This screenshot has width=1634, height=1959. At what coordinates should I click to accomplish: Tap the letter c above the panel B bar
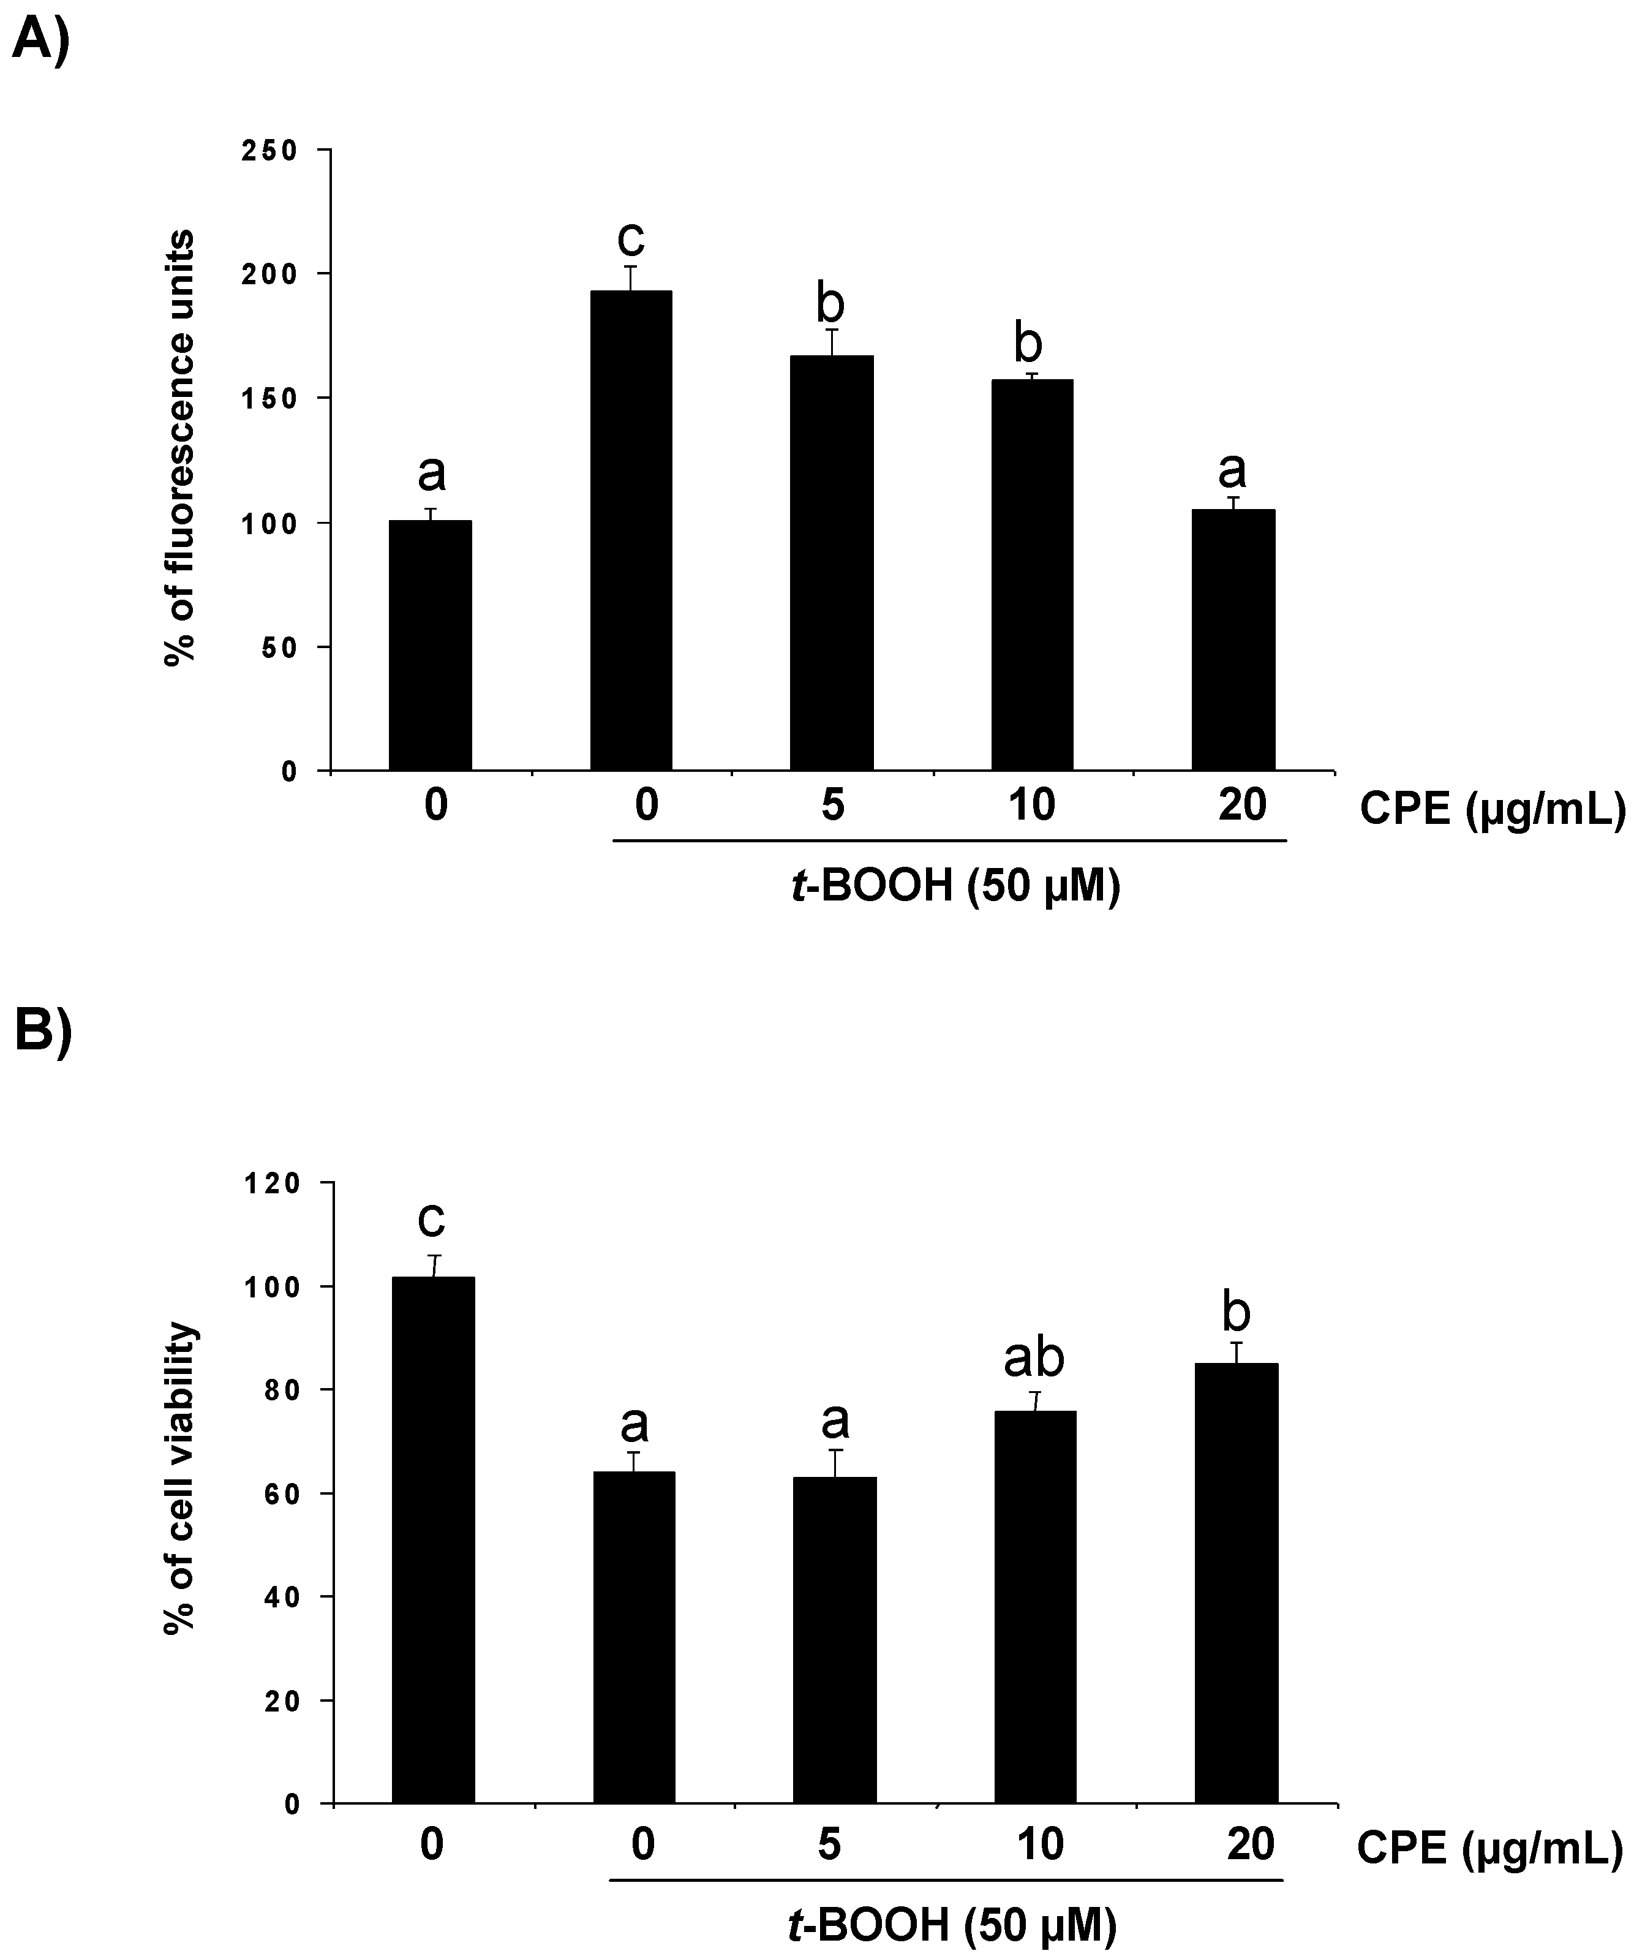tap(432, 1218)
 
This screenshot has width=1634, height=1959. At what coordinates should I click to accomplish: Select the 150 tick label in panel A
tap(269, 398)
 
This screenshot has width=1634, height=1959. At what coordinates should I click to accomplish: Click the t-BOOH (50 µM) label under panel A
tap(954, 885)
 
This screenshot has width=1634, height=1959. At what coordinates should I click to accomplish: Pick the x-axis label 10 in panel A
tap(1031, 804)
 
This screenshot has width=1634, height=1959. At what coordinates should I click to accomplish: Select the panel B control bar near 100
tap(433, 1539)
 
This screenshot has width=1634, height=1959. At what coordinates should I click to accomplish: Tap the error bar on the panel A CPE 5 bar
tap(832, 341)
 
